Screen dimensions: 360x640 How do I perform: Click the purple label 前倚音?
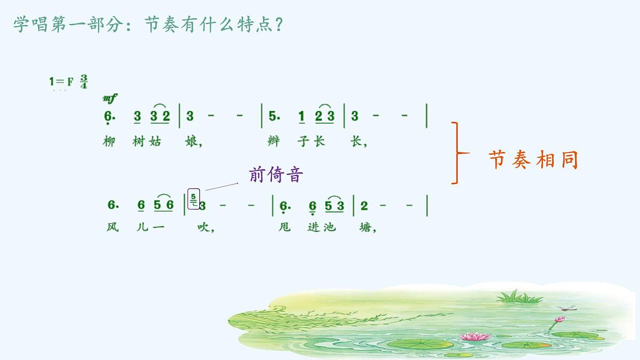[276, 174]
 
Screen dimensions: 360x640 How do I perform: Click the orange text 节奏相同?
[533, 159]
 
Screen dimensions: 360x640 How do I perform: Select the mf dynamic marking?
[109, 98]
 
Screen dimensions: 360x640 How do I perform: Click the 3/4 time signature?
[84, 82]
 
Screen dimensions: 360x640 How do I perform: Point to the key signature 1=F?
[61, 82]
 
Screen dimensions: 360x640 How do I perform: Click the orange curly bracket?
[458, 153]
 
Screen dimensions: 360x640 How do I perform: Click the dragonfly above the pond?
[566, 308]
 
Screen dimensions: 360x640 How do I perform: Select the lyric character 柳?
[109, 142]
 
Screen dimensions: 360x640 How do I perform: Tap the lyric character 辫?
[274, 142]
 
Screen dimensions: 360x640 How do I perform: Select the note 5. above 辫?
[274, 117]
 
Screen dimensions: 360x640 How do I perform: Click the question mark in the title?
[277, 25]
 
